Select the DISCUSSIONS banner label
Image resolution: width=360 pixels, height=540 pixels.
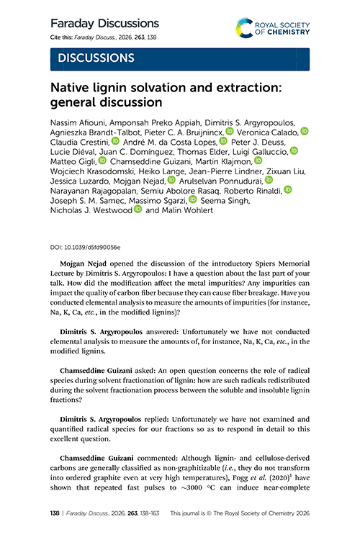click(93, 58)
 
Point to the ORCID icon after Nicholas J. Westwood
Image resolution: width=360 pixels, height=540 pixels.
click(138, 210)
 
